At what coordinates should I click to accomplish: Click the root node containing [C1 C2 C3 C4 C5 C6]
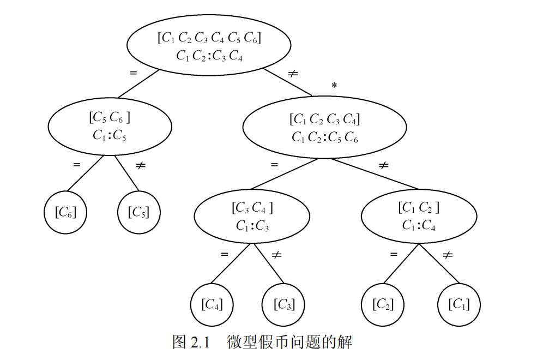209,46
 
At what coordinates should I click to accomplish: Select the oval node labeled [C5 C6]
110,126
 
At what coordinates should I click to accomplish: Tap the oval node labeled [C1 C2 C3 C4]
324,128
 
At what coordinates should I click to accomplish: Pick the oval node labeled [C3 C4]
252,216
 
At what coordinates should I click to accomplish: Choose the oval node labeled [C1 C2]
419,216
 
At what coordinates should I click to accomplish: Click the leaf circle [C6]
65,212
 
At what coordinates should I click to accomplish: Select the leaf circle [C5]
138,212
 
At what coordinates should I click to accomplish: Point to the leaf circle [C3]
283,304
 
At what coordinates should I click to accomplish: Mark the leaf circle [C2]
383,304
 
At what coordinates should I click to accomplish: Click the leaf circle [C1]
459,304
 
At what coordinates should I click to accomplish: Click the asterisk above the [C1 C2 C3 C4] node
334,86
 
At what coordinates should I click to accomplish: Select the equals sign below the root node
133,73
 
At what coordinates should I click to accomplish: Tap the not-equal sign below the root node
293,73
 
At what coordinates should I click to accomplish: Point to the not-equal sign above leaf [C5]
140,164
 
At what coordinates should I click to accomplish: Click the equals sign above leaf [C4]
224,254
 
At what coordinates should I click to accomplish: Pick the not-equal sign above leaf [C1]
448,254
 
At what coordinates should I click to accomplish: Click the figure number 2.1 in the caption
200,343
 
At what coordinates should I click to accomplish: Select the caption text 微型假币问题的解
289,343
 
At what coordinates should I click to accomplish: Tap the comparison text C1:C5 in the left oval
110,135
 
